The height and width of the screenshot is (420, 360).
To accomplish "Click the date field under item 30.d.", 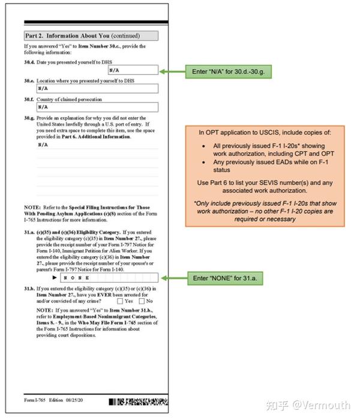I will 133,70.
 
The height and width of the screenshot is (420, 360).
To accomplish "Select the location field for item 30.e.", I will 97,89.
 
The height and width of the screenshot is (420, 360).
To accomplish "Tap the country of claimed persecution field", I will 97,107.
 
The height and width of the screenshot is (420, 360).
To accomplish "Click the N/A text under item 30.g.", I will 43,145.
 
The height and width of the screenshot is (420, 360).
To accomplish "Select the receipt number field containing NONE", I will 109,278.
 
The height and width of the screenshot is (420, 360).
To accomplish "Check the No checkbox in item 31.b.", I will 142,301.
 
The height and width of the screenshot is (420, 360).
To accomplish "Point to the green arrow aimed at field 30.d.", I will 175,71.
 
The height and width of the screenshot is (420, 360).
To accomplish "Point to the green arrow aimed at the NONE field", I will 175,279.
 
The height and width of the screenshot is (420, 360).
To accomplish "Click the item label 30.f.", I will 29,100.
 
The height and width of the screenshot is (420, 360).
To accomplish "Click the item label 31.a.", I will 29,231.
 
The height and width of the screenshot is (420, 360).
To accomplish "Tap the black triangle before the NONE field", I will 55,278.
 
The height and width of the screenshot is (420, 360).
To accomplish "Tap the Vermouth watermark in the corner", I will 316,406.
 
